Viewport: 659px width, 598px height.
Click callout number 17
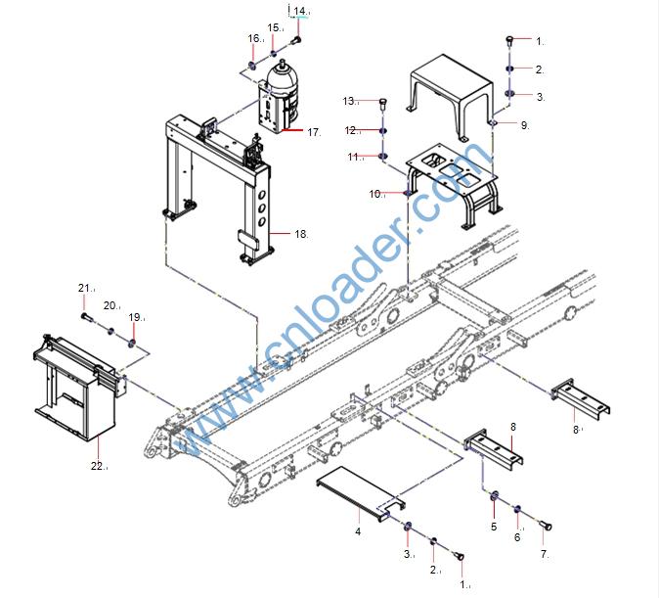[313, 131]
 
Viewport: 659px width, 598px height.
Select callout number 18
[300, 234]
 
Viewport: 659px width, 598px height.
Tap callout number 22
[97, 466]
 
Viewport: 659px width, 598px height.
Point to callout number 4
[358, 531]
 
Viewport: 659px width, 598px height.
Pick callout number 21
[84, 288]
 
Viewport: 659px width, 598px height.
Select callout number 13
[348, 101]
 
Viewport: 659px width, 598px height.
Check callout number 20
[110, 305]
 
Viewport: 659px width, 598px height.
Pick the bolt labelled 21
[86, 317]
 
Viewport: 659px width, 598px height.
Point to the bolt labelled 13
[382, 105]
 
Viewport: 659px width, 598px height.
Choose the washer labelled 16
[251, 67]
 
